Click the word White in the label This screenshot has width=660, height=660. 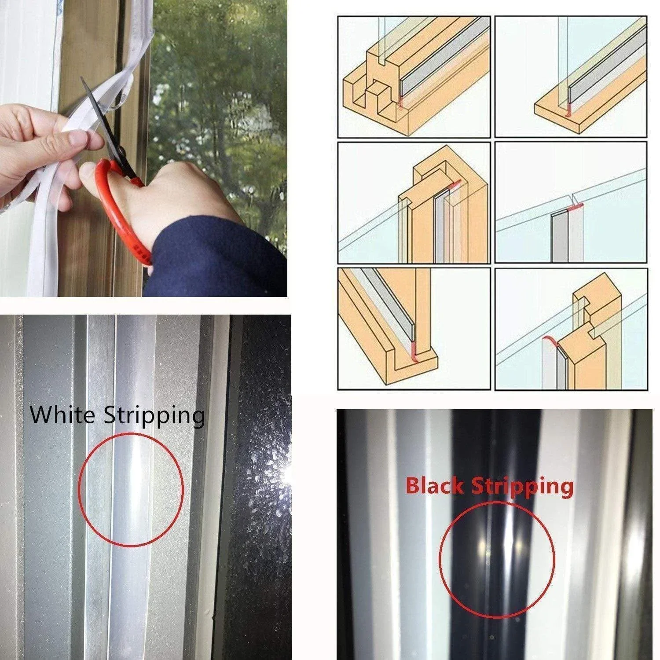click(x=64, y=414)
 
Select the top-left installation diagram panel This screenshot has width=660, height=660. click(x=414, y=77)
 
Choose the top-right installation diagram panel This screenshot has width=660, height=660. click(x=571, y=77)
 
